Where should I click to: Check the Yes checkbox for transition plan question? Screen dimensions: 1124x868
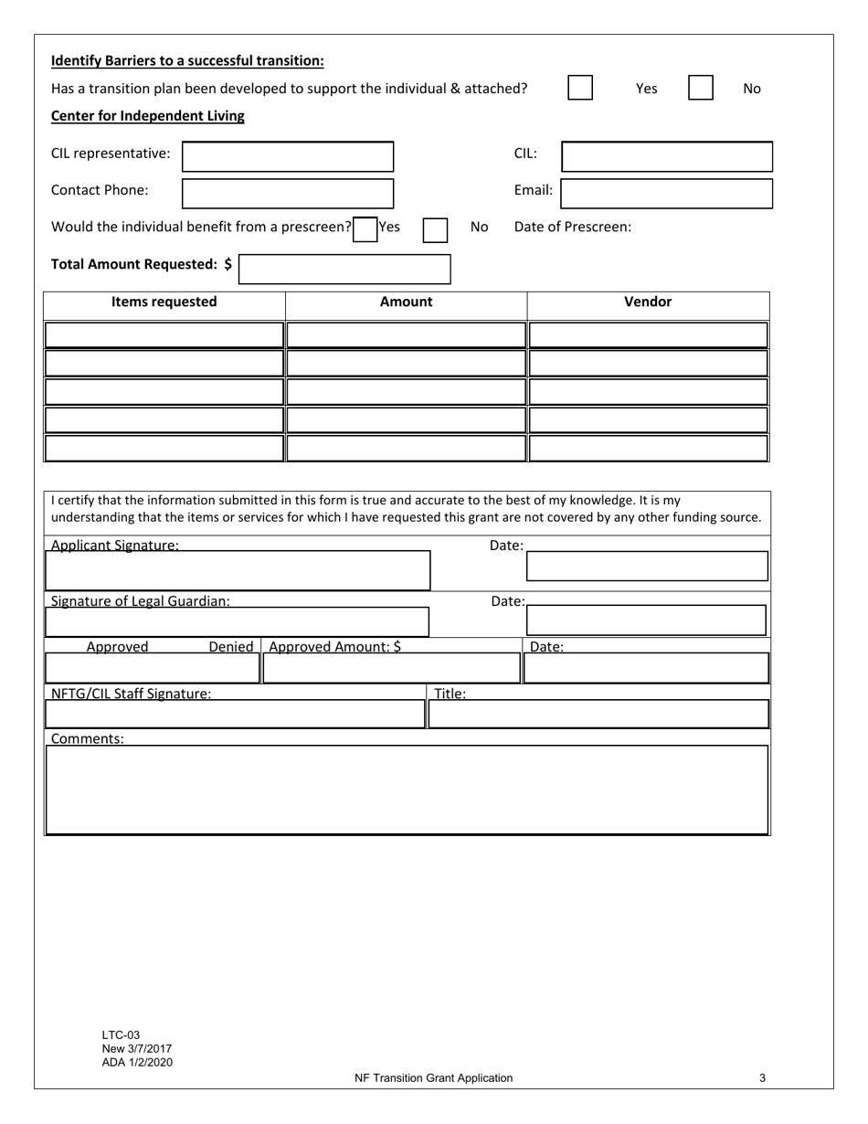pos(580,88)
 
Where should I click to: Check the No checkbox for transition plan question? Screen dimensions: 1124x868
pos(701,88)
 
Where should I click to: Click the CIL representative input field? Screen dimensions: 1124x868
pos(288,156)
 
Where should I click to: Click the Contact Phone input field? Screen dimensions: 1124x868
pos(288,194)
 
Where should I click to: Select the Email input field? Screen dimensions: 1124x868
pos(666,194)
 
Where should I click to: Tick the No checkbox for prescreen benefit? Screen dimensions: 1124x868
pos(435,229)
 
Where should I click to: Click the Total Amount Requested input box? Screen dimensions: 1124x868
pos(344,269)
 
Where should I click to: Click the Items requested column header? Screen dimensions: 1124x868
pos(164,302)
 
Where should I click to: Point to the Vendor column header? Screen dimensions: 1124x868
pos(648,302)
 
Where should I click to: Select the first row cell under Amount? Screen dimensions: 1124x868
pos(406,335)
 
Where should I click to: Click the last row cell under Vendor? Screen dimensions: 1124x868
pos(648,449)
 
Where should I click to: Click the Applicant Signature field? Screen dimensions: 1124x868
pos(238,570)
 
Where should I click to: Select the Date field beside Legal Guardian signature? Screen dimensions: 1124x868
pos(646,620)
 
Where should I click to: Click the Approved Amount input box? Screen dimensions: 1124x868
pos(391,669)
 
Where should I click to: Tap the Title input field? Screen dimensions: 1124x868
pos(598,714)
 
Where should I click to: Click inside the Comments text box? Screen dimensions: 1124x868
pos(407,790)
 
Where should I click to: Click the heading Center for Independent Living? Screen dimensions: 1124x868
pos(148,116)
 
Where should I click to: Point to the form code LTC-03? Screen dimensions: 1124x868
pos(122,1035)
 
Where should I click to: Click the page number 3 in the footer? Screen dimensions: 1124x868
pos(762,1078)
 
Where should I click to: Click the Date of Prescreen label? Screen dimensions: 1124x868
pos(573,228)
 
